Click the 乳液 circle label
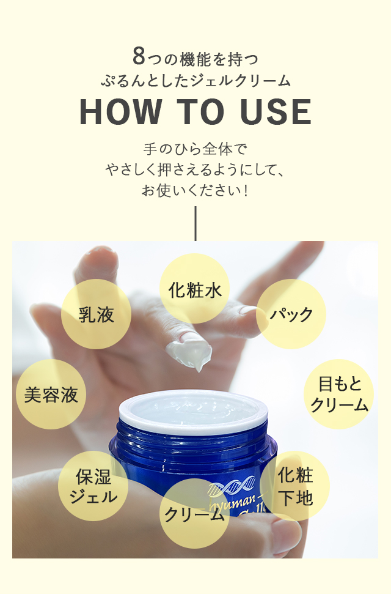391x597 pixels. pyautogui.click(x=97, y=314)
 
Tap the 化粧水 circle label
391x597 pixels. pyautogui.click(x=194, y=289)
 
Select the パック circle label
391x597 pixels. pyautogui.click(x=291, y=314)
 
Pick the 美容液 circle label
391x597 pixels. pyautogui.click(x=51, y=395)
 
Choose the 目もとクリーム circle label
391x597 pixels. pyautogui.click(x=338, y=395)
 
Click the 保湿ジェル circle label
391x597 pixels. pyautogui.click(x=93, y=486)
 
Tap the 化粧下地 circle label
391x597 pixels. pyautogui.click(x=294, y=486)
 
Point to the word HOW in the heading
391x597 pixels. pyautogui.click(x=120, y=112)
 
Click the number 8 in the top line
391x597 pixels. pyautogui.click(x=139, y=56)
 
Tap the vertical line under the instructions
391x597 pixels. pyautogui.click(x=195, y=224)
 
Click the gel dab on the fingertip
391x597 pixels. pyautogui.click(x=189, y=354)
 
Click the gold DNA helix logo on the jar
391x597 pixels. pyautogui.click(x=232, y=486)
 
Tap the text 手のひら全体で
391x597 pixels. pyautogui.click(x=195, y=149)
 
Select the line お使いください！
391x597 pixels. pyautogui.click(x=195, y=190)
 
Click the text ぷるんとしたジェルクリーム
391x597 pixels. pyautogui.click(x=195, y=81)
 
